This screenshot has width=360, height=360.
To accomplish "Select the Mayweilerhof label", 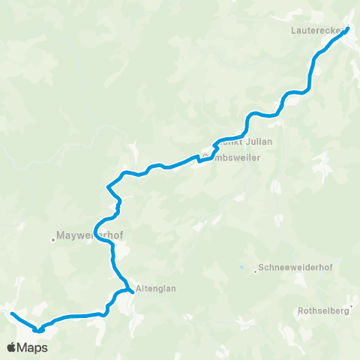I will click(x=89, y=233).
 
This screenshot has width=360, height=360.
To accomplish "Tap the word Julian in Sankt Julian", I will click(x=256, y=141).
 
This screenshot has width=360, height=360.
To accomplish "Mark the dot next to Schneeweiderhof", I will click(x=255, y=271).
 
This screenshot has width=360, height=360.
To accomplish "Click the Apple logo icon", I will click(x=12, y=348).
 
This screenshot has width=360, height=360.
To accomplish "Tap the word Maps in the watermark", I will click(x=34, y=348).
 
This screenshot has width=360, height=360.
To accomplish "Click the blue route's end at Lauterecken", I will click(x=348, y=29).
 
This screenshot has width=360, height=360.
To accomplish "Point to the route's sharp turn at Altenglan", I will click(x=132, y=291).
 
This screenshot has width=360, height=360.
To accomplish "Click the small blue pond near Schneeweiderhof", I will click(x=241, y=267).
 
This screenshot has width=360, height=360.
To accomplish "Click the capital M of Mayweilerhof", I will click(x=61, y=233).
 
